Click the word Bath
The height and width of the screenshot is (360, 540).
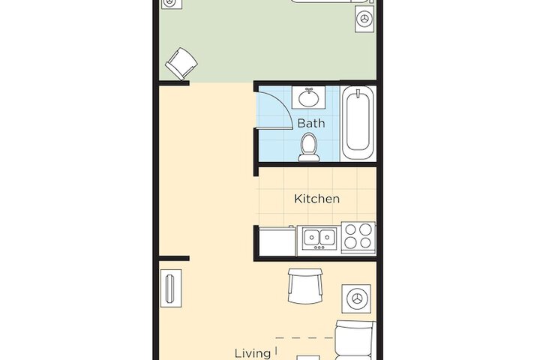(x=310, y=123)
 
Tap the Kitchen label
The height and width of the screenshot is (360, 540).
(x=316, y=199)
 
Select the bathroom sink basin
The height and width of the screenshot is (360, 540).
(x=308, y=99)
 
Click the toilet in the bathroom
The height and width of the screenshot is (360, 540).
(x=308, y=148)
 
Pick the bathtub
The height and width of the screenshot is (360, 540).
(x=358, y=123)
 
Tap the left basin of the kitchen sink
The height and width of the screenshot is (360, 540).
(x=311, y=237)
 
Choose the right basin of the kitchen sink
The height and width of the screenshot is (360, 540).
(x=326, y=237)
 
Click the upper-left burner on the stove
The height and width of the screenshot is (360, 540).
(x=350, y=229)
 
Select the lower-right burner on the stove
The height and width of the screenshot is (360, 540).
(x=366, y=242)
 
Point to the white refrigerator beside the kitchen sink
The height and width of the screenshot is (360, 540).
(x=277, y=241)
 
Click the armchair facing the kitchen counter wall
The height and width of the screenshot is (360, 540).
(x=305, y=286)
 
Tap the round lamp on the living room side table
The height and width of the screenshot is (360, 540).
(x=356, y=298)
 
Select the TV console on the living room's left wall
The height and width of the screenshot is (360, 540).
(x=171, y=288)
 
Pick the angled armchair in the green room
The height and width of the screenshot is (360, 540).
(x=181, y=64)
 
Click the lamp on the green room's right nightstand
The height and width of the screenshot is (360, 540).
(x=364, y=19)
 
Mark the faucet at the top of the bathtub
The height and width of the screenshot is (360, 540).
(x=358, y=93)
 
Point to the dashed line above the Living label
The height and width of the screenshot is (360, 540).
(x=304, y=338)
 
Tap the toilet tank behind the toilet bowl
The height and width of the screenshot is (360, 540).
(x=308, y=158)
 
